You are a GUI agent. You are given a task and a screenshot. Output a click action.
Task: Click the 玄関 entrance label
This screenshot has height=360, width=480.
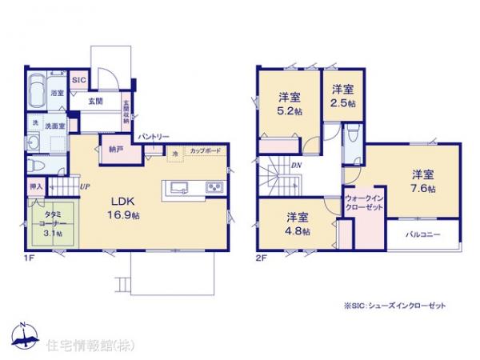[95, 100]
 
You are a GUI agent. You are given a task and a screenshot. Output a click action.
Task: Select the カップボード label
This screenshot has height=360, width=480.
[206, 150]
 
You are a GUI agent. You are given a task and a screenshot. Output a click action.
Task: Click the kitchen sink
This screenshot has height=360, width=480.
[178, 188]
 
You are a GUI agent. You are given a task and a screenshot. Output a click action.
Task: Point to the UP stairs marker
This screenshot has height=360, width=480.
[84, 187]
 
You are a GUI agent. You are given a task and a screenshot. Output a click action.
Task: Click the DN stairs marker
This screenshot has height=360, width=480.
[296, 166]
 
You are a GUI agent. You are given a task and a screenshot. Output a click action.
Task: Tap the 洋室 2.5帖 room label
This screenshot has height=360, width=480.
[345, 97]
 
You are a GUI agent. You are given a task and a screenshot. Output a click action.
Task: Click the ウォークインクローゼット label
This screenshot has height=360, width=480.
[363, 203]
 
